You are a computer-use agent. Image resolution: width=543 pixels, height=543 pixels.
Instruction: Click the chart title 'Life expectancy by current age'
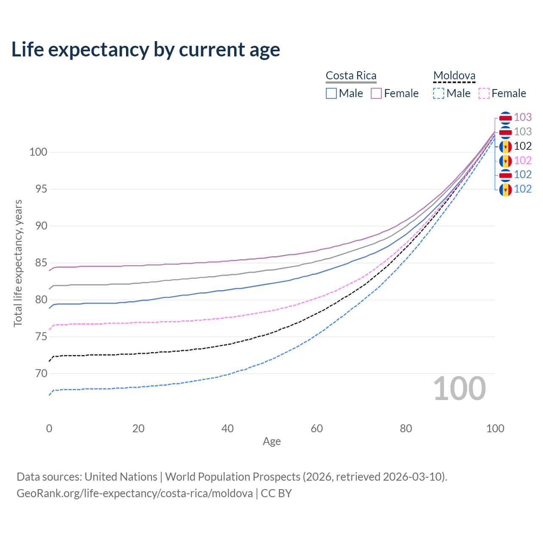[x=146, y=50]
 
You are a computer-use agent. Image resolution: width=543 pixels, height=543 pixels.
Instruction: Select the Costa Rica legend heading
[x=351, y=76]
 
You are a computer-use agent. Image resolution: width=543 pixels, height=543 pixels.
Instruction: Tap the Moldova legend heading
[x=454, y=76]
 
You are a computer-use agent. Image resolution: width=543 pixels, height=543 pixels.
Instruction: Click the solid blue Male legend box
[x=331, y=93]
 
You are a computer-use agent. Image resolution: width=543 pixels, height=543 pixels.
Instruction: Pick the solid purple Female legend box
[x=376, y=93]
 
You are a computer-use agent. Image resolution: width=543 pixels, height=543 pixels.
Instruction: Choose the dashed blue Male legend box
[x=439, y=93]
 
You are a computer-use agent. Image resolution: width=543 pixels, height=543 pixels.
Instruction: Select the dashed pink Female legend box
[x=484, y=93]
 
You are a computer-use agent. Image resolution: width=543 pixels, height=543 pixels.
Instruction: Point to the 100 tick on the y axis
[x=38, y=152]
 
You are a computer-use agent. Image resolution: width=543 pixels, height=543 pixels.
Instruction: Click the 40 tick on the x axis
[x=228, y=428]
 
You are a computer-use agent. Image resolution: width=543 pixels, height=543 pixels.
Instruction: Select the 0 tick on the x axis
[x=49, y=428]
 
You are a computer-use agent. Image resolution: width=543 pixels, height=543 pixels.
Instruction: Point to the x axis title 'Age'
[x=272, y=441]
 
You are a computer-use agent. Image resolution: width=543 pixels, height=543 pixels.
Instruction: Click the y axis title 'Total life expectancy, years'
[x=18, y=263]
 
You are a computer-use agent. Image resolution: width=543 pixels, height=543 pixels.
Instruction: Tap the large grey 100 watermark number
[x=459, y=389]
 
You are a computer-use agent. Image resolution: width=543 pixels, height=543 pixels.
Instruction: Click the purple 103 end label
[x=523, y=117]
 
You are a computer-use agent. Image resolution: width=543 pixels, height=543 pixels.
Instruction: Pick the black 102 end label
[x=523, y=146]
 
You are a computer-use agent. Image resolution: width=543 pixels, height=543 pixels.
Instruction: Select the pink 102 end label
[x=523, y=160]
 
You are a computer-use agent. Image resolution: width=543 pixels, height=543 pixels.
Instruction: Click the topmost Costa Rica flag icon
[x=505, y=118]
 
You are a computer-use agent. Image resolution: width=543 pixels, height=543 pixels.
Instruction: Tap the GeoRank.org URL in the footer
[x=134, y=493]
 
